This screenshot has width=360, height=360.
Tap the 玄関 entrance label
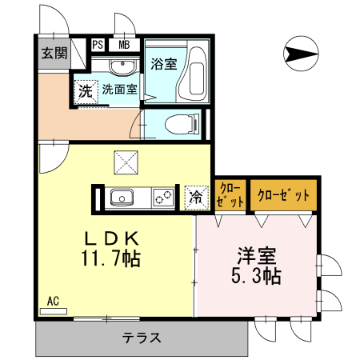pyautogui.click(x=54, y=54)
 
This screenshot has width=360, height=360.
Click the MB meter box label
pyautogui.click(x=124, y=45)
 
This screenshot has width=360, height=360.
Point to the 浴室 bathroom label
pyautogui.click(x=164, y=64)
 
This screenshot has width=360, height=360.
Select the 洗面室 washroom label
pyautogui.click(x=118, y=89)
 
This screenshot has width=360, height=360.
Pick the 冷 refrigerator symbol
pyautogui.click(x=195, y=197)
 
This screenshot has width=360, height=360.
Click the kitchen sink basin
pyautogui.click(x=125, y=196)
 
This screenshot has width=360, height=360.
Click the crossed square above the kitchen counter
pyautogui.click(x=125, y=162)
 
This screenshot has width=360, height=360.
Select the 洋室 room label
pyautogui.click(x=257, y=258)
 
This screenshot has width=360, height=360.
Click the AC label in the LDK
pyautogui.click(x=53, y=302)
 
